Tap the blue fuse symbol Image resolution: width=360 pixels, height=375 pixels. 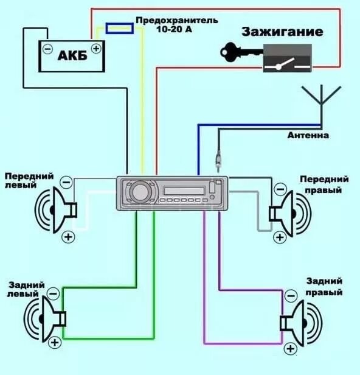(119, 27)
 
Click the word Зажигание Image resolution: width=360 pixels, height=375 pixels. (282, 32)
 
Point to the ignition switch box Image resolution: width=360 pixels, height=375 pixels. (286, 59)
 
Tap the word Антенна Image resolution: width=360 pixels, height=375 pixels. (308, 135)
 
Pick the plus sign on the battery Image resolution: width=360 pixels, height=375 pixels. (95, 47)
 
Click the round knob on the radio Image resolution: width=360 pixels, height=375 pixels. (139, 192)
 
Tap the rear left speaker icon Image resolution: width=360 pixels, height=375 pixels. (49, 317)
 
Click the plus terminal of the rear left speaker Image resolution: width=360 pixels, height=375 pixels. (56, 343)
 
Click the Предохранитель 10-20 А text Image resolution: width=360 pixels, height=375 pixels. (176, 24)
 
